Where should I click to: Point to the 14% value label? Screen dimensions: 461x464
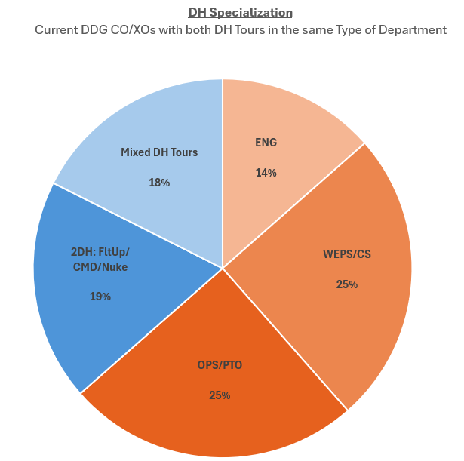click(x=266, y=173)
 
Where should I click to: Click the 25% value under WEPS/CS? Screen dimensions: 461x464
click(x=347, y=284)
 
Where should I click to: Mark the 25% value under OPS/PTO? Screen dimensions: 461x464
click(x=220, y=395)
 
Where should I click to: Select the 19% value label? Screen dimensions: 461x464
click(x=100, y=297)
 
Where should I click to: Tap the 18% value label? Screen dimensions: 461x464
click(x=159, y=183)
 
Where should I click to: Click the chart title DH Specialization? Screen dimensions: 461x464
click(x=240, y=13)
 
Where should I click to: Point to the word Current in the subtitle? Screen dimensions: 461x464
click(x=58, y=30)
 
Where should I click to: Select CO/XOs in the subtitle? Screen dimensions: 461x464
click(x=141, y=30)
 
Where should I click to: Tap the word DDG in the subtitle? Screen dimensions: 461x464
click(x=100, y=30)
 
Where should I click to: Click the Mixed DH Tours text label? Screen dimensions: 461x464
click(x=159, y=152)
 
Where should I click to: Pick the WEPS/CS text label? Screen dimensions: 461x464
click(x=347, y=254)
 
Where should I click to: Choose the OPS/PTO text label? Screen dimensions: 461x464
click(x=220, y=366)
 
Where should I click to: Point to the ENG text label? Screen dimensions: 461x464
click(x=266, y=143)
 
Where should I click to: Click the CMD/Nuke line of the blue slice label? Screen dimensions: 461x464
click(x=100, y=266)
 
